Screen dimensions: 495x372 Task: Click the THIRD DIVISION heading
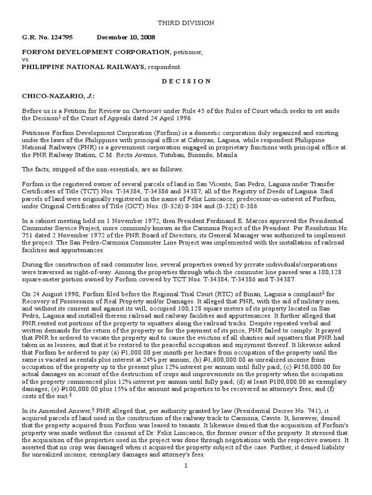[x=186, y=23]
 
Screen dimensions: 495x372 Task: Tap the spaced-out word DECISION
[x=186, y=81]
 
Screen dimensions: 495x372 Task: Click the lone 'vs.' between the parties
[x=26, y=59]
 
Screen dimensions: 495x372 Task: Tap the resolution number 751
[x=28, y=235]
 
